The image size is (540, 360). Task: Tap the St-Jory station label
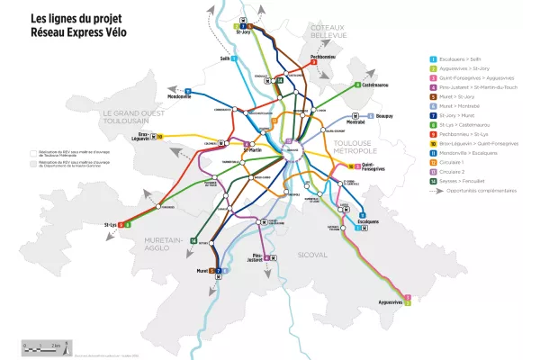click(x=246, y=32)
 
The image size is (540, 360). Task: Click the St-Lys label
click(x=112, y=223)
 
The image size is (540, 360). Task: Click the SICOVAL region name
click(x=312, y=256)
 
